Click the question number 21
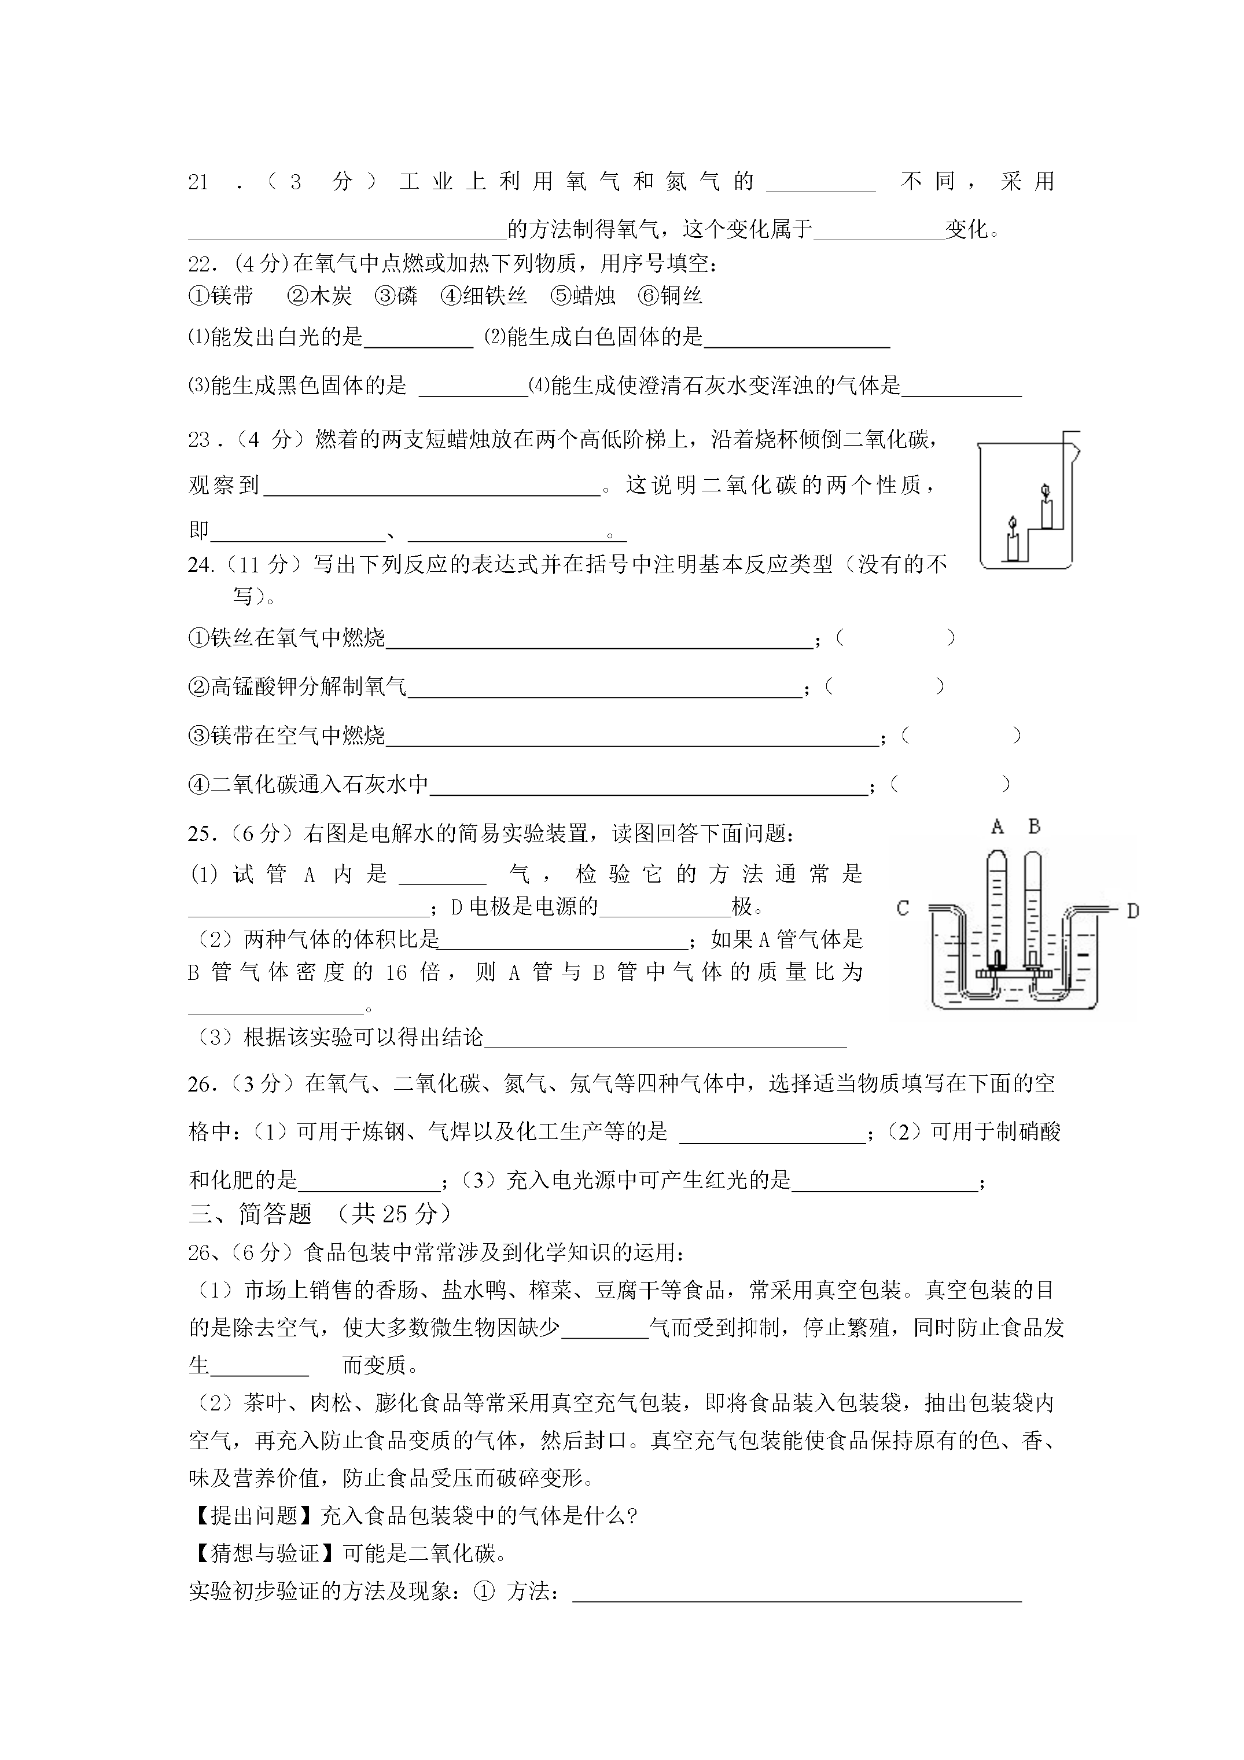point(198,182)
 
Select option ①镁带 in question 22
point(221,296)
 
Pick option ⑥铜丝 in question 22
point(670,296)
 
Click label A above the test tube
point(997,826)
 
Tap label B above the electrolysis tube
point(1034,826)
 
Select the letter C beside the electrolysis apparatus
point(903,909)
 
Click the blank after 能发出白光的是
point(418,339)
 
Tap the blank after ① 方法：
point(797,1592)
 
